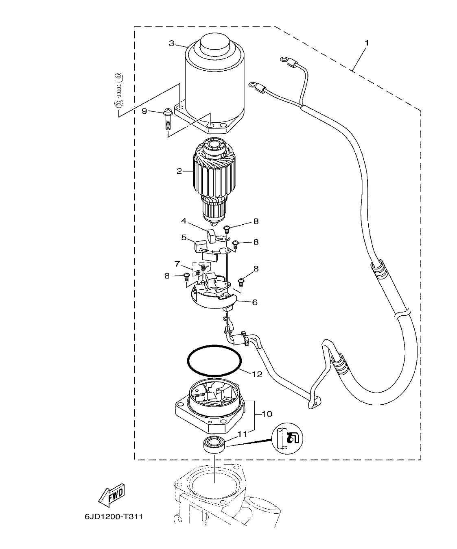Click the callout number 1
(367, 43)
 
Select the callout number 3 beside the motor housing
(171, 43)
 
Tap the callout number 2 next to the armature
(179, 171)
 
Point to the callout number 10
(268, 414)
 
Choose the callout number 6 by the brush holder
(255, 302)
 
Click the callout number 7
(177, 264)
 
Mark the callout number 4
(184, 221)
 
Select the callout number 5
(184, 237)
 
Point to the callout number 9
(144, 111)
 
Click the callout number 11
(243, 434)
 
